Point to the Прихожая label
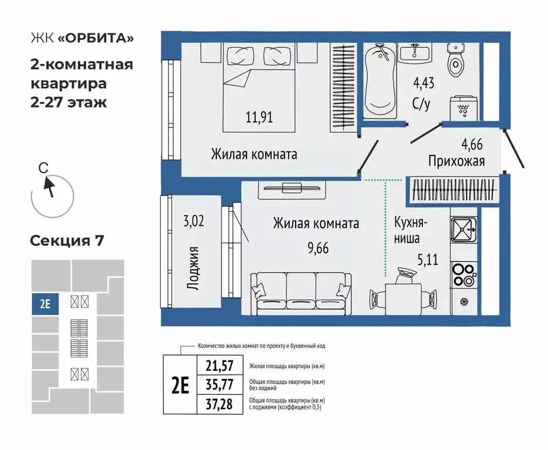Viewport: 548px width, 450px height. click(x=456, y=160)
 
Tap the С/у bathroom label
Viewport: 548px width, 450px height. click(x=423, y=104)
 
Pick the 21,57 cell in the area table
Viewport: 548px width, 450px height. click(x=219, y=366)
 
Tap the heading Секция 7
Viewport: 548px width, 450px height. click(x=66, y=241)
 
